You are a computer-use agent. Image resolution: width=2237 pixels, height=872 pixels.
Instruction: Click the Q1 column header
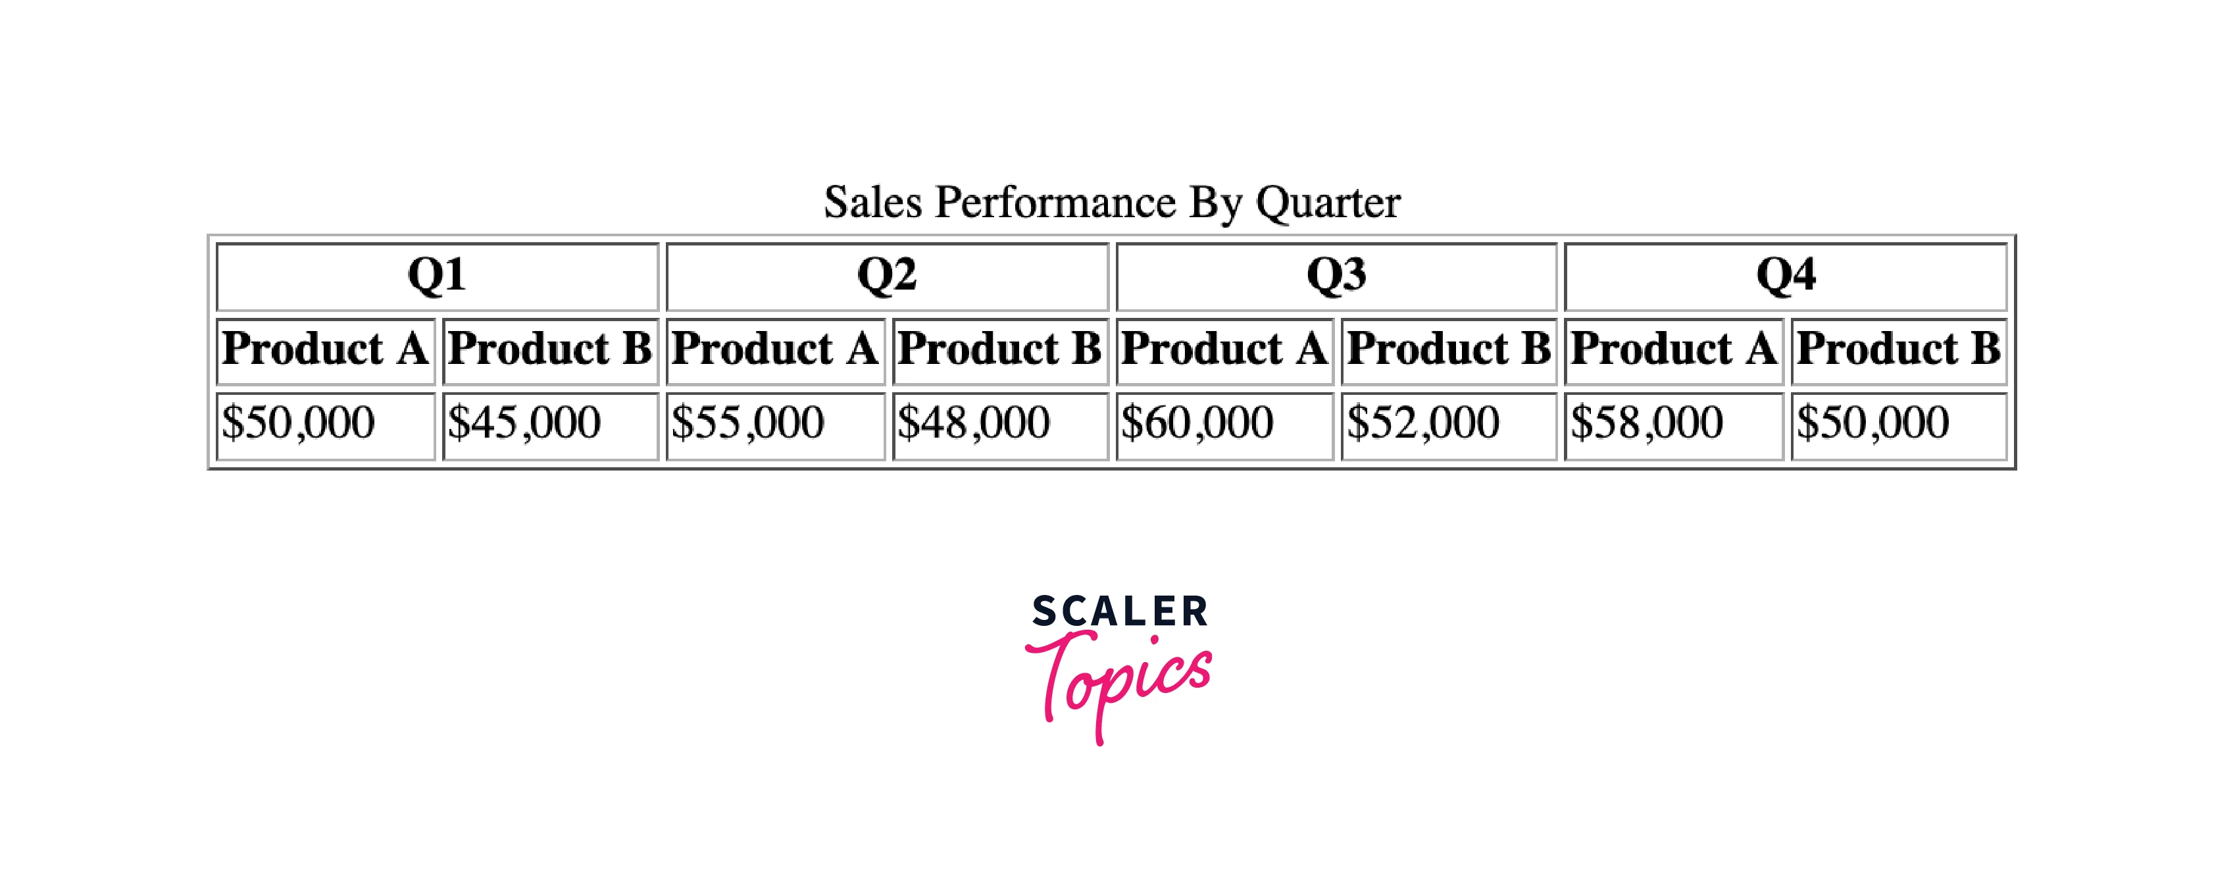437,276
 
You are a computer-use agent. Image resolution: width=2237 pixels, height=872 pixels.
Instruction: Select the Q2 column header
887,276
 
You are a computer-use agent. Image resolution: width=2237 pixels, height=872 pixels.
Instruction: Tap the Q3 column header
1336,276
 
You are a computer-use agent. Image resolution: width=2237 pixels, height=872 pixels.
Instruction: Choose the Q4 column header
1786,276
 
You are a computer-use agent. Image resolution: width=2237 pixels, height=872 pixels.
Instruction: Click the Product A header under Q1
326,351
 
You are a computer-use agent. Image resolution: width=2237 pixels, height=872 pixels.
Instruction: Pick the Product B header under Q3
1449,351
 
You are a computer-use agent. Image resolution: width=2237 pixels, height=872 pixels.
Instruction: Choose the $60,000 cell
1224,426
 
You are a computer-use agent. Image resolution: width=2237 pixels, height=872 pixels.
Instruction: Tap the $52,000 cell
1449,426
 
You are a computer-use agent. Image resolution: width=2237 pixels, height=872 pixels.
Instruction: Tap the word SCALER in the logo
1119,611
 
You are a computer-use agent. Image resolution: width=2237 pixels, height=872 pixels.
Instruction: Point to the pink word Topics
1118,686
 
